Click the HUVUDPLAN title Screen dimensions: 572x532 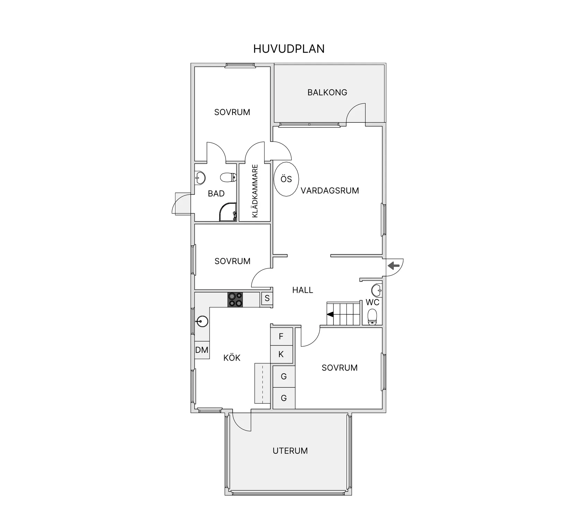[x=289, y=49]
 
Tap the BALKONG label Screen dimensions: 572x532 [x=327, y=93]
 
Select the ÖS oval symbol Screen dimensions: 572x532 [x=286, y=179]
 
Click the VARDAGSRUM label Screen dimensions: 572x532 [x=330, y=191]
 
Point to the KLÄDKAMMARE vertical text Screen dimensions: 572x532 [x=255, y=191]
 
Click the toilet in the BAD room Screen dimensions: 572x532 [x=228, y=178]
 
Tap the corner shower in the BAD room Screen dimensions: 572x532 [x=228, y=212]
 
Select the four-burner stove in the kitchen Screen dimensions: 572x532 [x=235, y=300]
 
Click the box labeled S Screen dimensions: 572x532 [x=267, y=298]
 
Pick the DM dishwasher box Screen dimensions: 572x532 [x=202, y=350]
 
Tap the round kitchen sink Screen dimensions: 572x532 [x=202, y=322]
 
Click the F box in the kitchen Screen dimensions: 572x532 [x=281, y=336]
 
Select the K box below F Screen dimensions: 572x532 [x=281, y=354]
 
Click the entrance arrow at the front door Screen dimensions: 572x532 [x=394, y=266]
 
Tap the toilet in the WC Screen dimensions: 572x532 [x=372, y=317]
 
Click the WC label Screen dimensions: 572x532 [x=372, y=302]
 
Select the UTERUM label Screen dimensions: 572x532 [x=290, y=451]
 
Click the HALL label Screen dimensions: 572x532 [x=303, y=290]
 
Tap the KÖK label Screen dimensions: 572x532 [x=232, y=358]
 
